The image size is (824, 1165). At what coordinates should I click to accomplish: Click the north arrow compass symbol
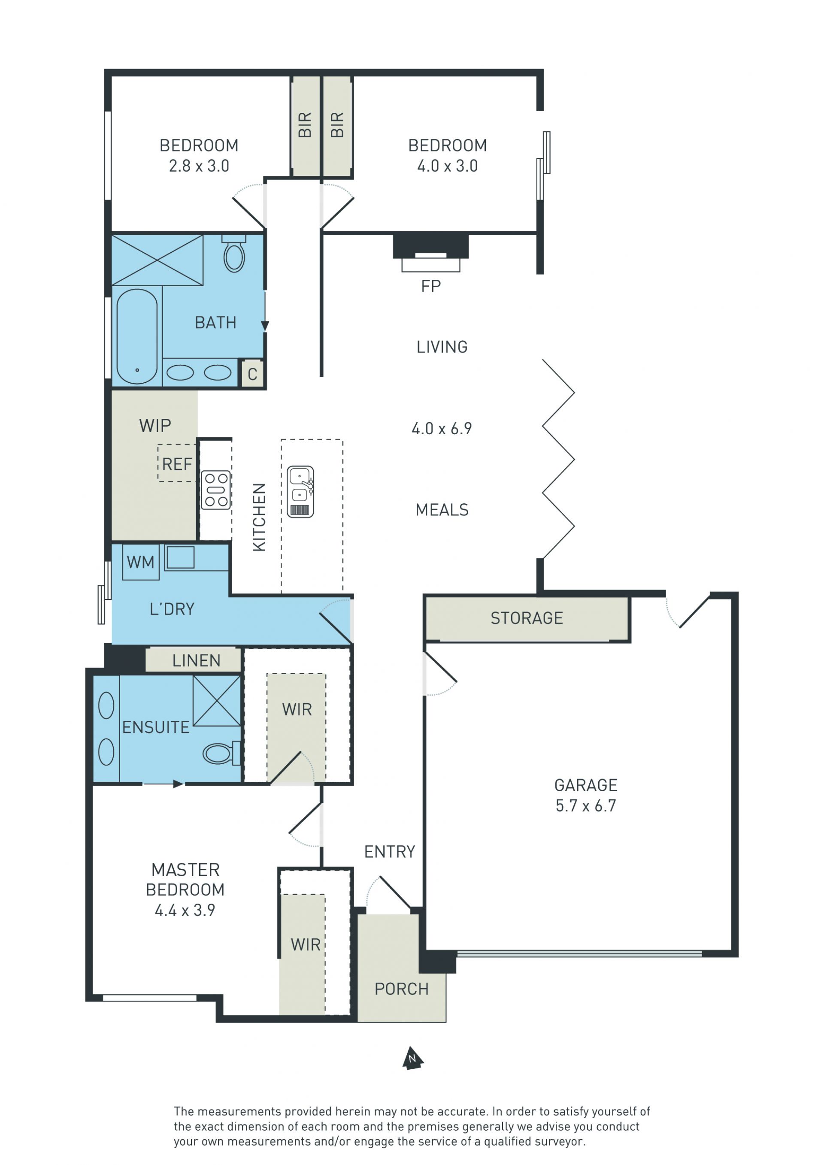[412, 1058]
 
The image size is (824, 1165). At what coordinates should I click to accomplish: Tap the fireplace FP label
[431, 286]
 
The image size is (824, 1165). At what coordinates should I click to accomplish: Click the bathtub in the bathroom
[137, 336]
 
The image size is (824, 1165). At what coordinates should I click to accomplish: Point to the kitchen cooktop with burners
[215, 490]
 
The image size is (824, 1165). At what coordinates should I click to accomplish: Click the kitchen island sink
[300, 492]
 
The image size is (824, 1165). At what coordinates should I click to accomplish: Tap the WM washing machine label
[140, 562]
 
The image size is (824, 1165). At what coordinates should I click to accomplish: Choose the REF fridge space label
[177, 464]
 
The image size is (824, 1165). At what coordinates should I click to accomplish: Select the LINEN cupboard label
[197, 661]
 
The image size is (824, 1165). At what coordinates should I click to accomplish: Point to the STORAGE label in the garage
[527, 618]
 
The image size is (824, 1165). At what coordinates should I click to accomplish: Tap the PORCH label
[401, 989]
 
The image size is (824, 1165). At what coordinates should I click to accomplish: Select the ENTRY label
[390, 851]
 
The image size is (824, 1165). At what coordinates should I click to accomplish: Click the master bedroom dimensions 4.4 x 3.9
[185, 910]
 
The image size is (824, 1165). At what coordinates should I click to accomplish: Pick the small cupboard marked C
[252, 374]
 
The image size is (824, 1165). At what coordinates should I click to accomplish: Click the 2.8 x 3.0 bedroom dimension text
[199, 166]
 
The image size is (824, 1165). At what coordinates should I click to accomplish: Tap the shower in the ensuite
[217, 701]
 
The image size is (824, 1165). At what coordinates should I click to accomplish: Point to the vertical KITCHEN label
[259, 517]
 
